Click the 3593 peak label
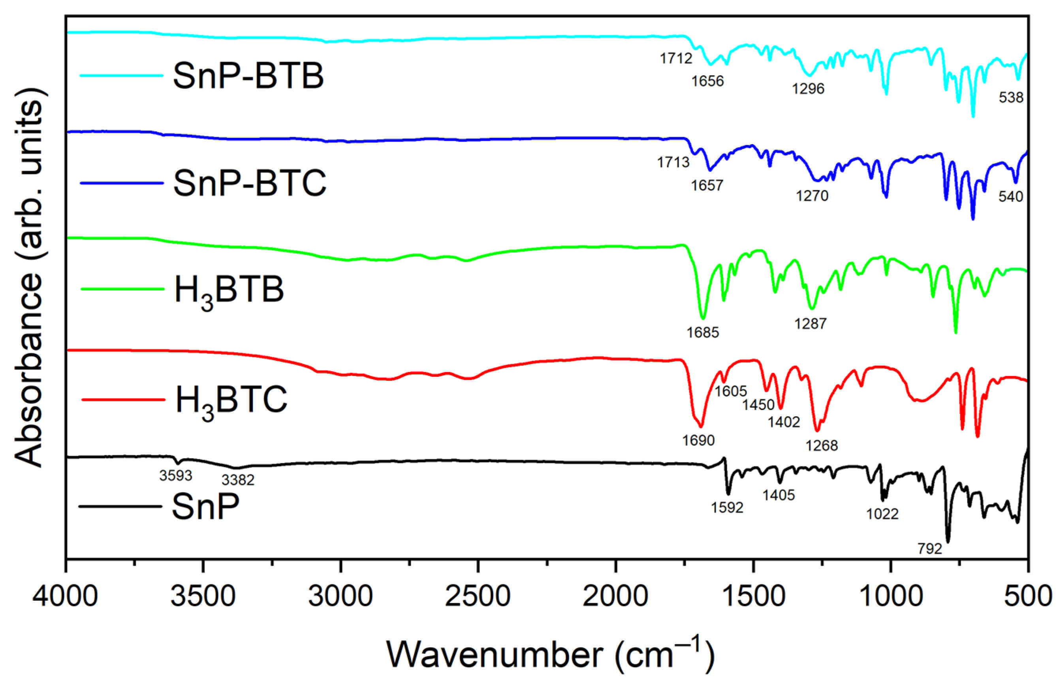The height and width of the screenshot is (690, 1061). point(176,476)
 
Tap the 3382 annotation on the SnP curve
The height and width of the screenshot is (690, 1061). point(238,480)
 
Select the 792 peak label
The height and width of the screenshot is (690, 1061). point(929,549)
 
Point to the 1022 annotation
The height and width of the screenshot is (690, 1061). point(882,514)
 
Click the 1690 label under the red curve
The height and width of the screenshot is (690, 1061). point(698,440)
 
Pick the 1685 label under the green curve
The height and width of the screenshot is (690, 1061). point(703,333)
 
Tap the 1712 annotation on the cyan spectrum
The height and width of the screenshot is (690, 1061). point(676,58)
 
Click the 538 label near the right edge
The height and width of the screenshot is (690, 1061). point(1010,97)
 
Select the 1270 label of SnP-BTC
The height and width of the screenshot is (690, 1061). point(812,196)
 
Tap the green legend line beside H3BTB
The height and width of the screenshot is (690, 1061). point(122,289)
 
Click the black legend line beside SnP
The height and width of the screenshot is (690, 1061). point(120,506)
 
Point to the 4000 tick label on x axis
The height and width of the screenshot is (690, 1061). point(65,596)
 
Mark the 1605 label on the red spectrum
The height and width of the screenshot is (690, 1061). point(730,391)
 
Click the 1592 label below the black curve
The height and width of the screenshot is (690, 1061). point(727,508)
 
